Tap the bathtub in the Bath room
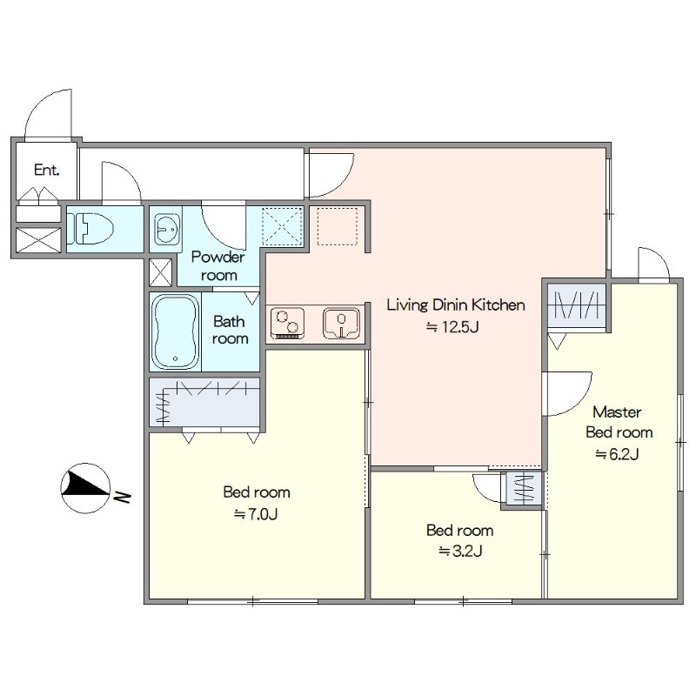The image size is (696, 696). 176,331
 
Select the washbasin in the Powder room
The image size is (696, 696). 168,229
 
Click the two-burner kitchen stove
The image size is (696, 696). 287,323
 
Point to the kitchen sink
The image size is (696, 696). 341,323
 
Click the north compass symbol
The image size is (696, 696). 85,488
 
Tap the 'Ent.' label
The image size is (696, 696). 47,170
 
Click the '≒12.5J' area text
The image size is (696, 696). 452,327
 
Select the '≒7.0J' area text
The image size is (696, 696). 256,514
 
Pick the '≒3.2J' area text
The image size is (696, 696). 460,551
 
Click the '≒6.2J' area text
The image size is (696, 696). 617,453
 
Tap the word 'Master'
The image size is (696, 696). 617,412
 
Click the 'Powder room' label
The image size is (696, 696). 218,266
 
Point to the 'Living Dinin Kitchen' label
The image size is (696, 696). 456,305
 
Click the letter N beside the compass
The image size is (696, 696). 122,497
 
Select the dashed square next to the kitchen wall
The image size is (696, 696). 338,226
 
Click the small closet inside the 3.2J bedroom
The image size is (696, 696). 524,489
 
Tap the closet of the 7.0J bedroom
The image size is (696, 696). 204,402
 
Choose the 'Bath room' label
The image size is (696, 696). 229,330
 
